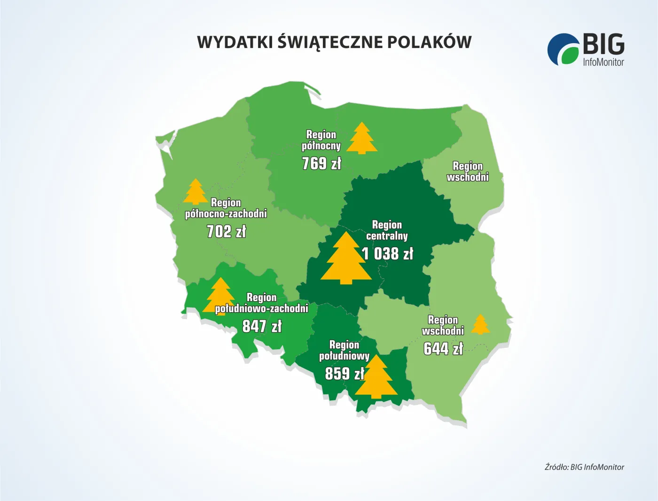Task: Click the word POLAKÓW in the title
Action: [429, 42]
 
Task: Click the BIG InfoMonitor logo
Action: [586, 49]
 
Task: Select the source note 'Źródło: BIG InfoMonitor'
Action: [584, 467]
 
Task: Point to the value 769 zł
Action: [321, 164]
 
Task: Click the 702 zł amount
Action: [227, 231]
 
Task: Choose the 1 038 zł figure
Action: [388, 254]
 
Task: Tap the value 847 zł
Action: [262, 326]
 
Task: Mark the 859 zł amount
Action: [345, 374]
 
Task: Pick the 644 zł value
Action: [443, 349]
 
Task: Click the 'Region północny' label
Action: [321, 140]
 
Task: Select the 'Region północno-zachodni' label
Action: [226, 208]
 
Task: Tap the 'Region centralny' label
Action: [387, 230]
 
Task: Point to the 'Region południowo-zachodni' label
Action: [262, 303]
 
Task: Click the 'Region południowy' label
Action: [345, 351]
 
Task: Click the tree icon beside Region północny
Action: [362, 139]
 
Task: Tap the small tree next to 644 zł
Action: [480, 325]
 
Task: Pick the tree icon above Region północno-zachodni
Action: [196, 192]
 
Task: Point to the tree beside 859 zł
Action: [376, 377]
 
